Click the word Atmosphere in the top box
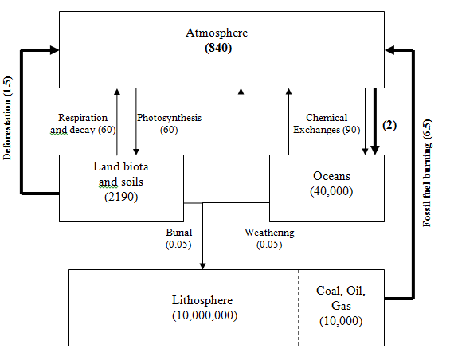217,33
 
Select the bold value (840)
218,48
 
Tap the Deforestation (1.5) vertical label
7,118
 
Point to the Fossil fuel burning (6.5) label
427,173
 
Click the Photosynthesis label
169,118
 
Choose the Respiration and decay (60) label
83,124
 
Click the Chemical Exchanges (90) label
327,123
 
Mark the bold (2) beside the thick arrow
389,125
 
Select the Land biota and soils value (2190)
121,197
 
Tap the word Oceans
331,176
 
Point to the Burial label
179,233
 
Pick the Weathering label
269,233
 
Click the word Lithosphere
202,300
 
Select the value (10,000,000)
205,315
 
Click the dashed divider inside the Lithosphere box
299,307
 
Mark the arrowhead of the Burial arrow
202,266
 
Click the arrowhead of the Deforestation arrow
54,50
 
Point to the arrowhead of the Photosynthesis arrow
136,151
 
